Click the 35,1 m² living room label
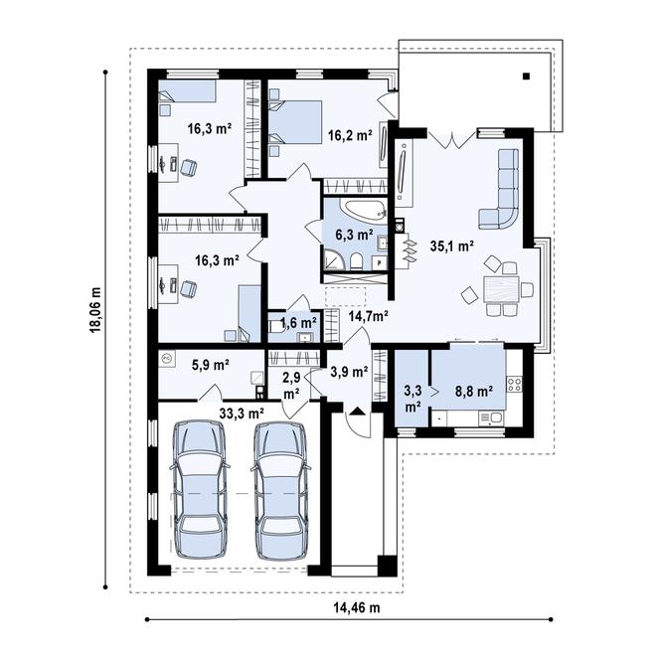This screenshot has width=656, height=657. [x=451, y=246]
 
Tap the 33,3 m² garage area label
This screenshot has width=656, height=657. [x=242, y=413]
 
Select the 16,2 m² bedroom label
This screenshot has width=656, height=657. [x=350, y=135]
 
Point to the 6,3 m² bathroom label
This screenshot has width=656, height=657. [x=354, y=235]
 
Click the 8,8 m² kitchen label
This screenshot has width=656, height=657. [x=474, y=392]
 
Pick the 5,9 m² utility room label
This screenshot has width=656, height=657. [x=211, y=365]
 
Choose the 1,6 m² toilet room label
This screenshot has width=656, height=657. [x=298, y=323]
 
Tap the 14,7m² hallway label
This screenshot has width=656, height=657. [x=368, y=316]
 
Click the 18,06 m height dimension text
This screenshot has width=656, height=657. [x=95, y=310]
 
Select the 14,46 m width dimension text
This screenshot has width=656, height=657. [x=357, y=607]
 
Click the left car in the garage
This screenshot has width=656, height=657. [x=200, y=490]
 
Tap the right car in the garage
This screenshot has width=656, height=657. [x=280, y=491]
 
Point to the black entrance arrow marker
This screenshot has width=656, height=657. [x=356, y=411]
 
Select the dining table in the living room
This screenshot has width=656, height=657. [x=501, y=288]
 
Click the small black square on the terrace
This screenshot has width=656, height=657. [x=526, y=76]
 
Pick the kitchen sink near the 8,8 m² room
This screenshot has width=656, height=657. [x=491, y=418]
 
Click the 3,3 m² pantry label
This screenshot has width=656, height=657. [x=412, y=399]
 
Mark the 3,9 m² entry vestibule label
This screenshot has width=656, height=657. [x=349, y=371]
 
